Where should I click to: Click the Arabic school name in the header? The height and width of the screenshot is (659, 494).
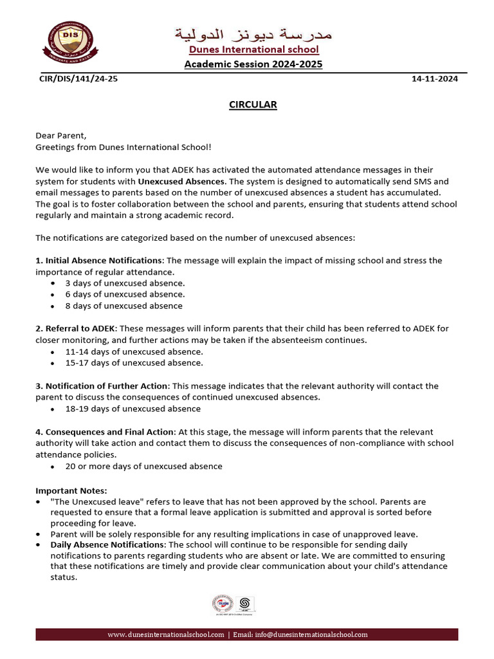pos(253,33)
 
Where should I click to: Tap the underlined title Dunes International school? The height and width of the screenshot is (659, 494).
pos(253,50)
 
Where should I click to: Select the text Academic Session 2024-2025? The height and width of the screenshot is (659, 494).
pos(253,64)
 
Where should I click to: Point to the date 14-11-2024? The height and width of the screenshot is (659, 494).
pos(434,79)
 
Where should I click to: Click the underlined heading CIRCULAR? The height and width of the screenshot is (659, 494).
pos(253,105)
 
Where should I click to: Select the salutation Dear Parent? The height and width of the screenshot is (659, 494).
pos(60,136)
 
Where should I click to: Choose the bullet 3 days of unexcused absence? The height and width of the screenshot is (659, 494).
pos(125,283)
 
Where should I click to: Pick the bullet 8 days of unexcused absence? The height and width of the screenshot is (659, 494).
pos(123,306)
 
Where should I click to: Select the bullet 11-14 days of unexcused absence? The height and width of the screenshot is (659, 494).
pos(134,351)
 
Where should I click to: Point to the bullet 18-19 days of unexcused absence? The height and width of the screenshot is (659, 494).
pos(133,409)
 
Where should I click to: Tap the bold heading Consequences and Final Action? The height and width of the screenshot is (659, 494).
pos(104,431)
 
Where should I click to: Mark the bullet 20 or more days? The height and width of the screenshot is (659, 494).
pos(143,466)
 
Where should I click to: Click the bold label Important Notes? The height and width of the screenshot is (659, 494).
pos(67,490)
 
